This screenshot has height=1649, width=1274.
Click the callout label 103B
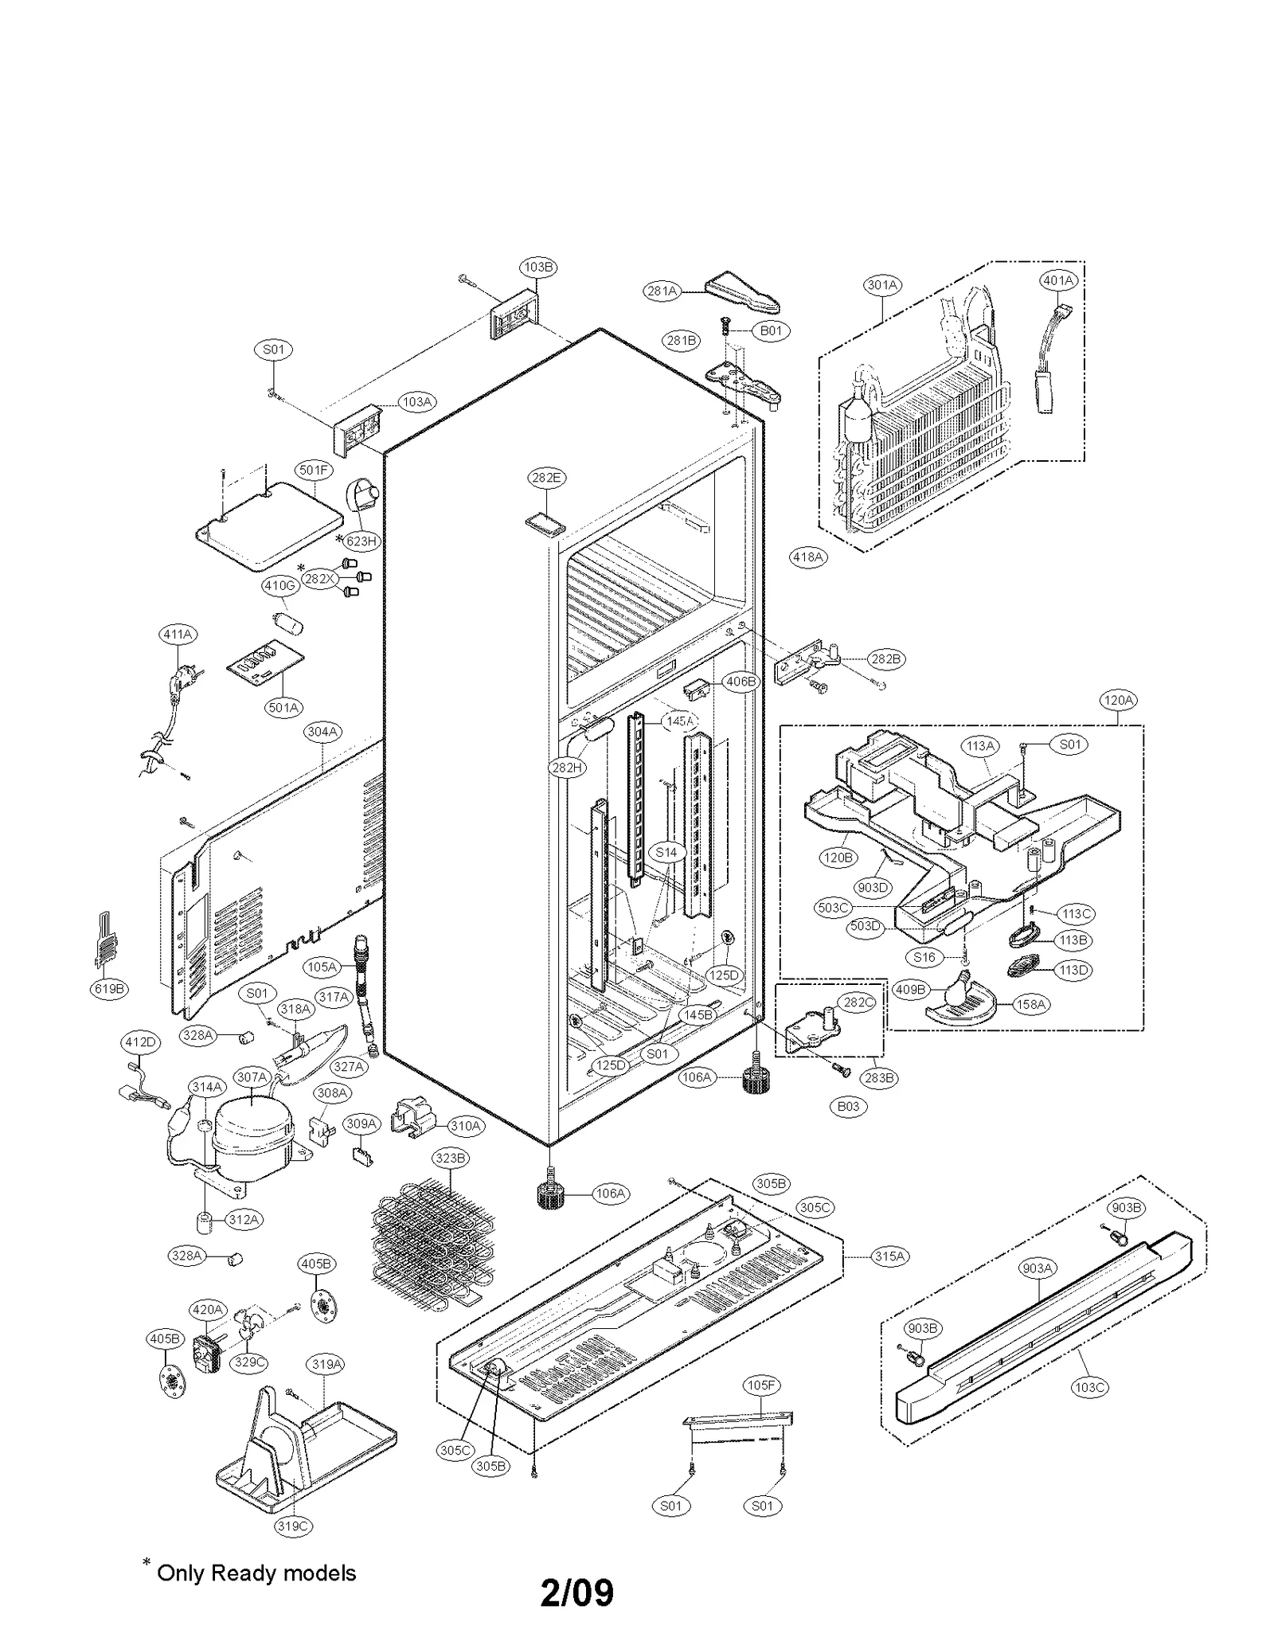click(x=538, y=267)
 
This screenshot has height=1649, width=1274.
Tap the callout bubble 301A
click(x=881, y=285)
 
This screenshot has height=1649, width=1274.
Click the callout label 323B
click(x=451, y=1158)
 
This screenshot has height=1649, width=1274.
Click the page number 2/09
click(x=577, y=1592)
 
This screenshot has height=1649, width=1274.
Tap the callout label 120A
click(x=1118, y=700)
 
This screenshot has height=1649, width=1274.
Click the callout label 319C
click(x=293, y=1526)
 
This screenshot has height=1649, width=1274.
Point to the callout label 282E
click(x=546, y=478)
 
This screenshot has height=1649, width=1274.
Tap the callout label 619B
click(x=109, y=989)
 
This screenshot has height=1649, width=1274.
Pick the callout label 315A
click(x=889, y=1256)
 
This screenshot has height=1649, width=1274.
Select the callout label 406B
click(x=741, y=682)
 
